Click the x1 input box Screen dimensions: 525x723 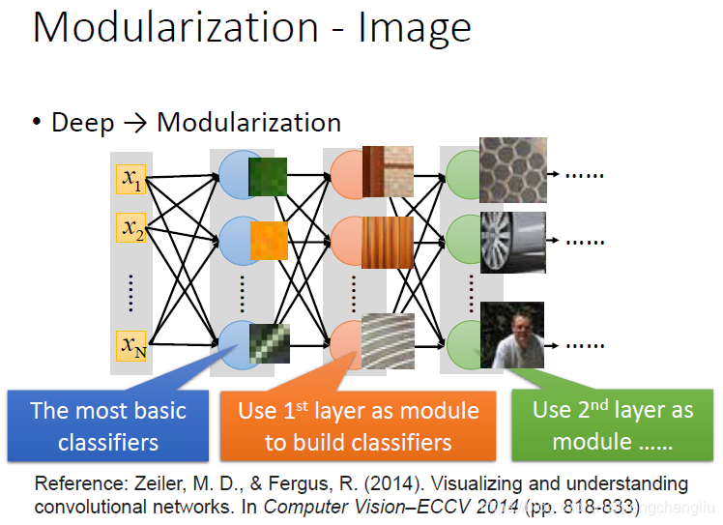coord(130,179)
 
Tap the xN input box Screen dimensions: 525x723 coord(130,344)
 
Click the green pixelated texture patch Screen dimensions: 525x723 coord(268,178)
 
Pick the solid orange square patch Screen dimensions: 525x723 coord(269,241)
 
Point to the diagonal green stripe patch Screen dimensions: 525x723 coord(269,341)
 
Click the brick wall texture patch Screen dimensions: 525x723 coord(388,170)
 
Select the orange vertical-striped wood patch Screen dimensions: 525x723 coord(388,242)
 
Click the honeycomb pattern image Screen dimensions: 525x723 coord(512,169)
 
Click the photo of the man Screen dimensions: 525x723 coord(512,335)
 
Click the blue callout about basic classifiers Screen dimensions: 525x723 coord(108,426)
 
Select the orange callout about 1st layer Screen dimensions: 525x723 coord(359,426)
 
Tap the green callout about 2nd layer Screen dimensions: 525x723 coord(613,425)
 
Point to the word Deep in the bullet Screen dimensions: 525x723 coord(81,123)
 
